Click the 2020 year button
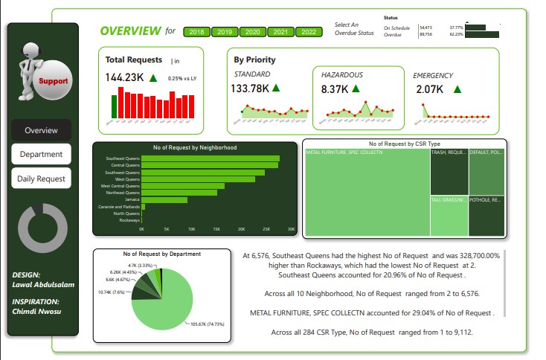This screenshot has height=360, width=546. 253,32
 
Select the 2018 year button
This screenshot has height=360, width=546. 197,32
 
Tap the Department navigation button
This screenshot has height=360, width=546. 41,154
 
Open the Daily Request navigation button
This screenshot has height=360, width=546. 41,179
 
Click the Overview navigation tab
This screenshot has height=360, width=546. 41,130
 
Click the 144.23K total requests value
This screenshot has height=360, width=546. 125,77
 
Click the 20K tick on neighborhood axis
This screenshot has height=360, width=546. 242,228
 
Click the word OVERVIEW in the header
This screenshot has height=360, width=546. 130,31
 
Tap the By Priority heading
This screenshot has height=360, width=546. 254,60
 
